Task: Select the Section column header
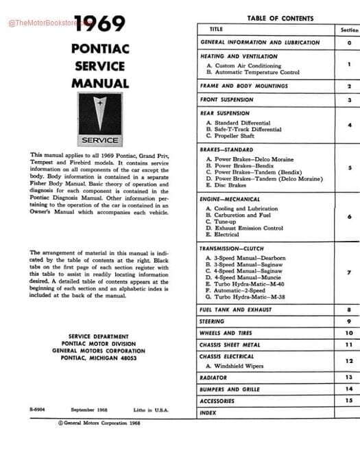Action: click(349, 30)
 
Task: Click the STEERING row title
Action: click(212, 321)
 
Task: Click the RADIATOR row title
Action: click(213, 377)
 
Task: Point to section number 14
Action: click(348, 388)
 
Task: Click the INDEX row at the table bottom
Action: click(208, 412)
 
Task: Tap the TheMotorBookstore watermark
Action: click(41, 23)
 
